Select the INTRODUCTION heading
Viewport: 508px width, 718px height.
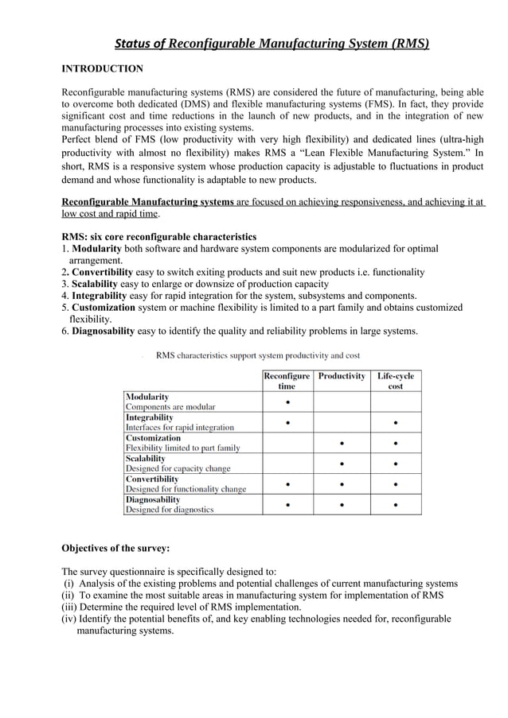click(x=103, y=69)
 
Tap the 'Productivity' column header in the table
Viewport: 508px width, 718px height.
click(x=342, y=376)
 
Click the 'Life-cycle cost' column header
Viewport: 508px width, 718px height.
click(x=395, y=381)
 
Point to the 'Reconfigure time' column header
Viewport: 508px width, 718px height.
click(x=287, y=381)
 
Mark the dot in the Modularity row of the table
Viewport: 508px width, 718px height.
click(x=287, y=402)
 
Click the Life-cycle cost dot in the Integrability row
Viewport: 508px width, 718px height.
click(x=396, y=422)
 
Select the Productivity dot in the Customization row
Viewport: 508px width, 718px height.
click(x=342, y=443)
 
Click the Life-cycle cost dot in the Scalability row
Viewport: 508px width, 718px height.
click(x=396, y=464)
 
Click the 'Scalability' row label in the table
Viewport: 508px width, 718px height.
click(x=146, y=459)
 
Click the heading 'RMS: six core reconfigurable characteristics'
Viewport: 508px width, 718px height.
click(x=159, y=237)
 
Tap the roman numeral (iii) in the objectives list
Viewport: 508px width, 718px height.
click(x=69, y=607)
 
